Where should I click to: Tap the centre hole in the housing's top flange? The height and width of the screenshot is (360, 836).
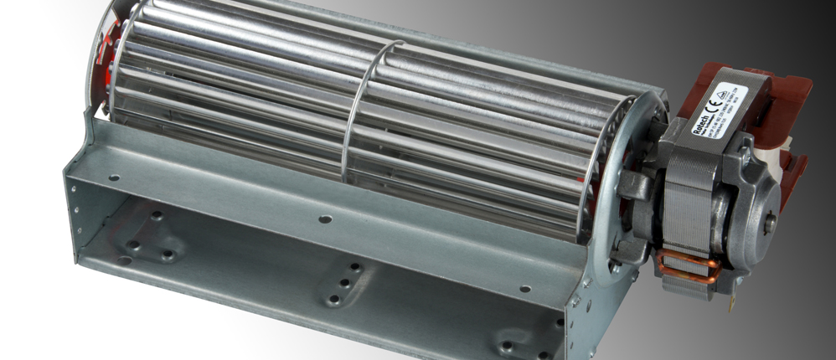[x=324, y=219]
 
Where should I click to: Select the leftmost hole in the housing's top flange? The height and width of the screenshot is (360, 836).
[x=112, y=177]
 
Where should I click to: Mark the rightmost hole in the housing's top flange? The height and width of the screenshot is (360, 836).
[x=524, y=289]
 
